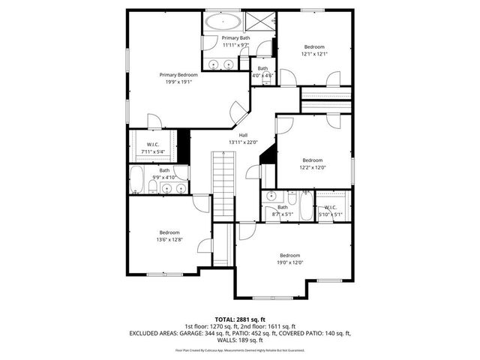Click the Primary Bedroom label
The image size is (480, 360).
(178, 75)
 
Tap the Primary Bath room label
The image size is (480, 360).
(235, 37)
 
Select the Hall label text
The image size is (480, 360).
(243, 135)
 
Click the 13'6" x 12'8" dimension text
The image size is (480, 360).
(169, 240)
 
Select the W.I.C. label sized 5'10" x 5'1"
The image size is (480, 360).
(331, 215)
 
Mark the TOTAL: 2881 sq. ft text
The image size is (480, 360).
(240, 319)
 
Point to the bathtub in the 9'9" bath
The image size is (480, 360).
(138, 180)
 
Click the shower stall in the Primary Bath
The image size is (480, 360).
(259, 20)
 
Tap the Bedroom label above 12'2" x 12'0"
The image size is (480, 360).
(312, 160)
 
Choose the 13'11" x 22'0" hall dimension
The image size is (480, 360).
(243, 142)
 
